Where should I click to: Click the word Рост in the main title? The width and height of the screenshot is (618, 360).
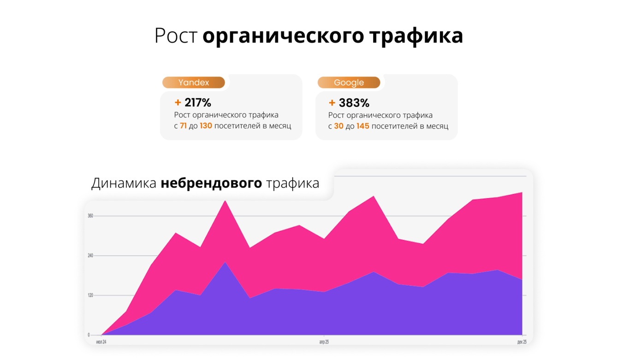coord(176,36)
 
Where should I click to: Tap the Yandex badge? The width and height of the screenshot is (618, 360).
coord(194,83)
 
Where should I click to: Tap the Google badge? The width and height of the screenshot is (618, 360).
coord(349,83)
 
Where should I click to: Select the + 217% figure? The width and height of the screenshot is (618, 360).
coord(193,102)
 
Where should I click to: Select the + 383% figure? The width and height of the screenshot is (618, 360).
coord(349,102)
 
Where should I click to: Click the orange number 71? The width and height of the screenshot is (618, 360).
coord(183,126)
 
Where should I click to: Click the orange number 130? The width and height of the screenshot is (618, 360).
coord(206,126)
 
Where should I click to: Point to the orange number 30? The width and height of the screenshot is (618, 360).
coord(339,126)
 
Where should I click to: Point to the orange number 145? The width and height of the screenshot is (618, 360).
coord(362,126)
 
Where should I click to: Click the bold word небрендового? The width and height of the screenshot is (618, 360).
coord(211,183)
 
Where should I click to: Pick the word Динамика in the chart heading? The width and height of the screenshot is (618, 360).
coord(124,183)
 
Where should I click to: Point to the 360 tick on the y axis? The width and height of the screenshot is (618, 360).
coord(90,216)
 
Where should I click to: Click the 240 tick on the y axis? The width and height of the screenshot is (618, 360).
coord(90,255)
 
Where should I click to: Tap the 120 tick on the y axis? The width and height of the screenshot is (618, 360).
coord(90,295)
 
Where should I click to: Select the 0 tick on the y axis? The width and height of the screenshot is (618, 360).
coord(89,335)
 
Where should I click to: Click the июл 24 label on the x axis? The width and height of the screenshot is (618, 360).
coord(101,342)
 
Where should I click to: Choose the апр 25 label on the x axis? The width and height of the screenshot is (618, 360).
coord(324,342)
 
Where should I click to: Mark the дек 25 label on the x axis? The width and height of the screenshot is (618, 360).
coord(522,342)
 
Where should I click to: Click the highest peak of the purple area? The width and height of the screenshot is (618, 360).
coord(225,263)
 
